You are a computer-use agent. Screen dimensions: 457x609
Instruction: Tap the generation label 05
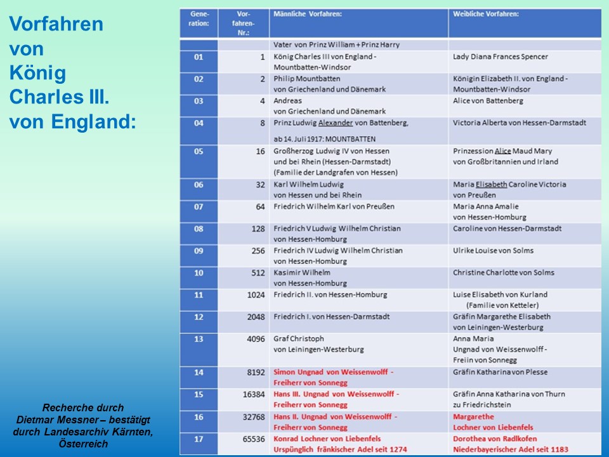[x=199, y=151]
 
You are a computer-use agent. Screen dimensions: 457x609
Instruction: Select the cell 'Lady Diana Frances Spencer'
[x=500, y=57]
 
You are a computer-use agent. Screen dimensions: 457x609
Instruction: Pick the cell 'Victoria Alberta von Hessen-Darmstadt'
[x=519, y=123]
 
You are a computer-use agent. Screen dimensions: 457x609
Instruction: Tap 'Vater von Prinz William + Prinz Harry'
[x=336, y=45]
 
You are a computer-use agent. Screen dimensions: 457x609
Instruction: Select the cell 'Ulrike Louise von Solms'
[x=493, y=251]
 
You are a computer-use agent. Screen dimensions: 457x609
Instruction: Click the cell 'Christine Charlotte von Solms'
[x=503, y=273]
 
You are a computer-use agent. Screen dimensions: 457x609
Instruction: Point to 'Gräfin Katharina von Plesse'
[x=500, y=372]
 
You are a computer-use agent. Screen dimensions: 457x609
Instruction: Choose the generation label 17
[x=199, y=439]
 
